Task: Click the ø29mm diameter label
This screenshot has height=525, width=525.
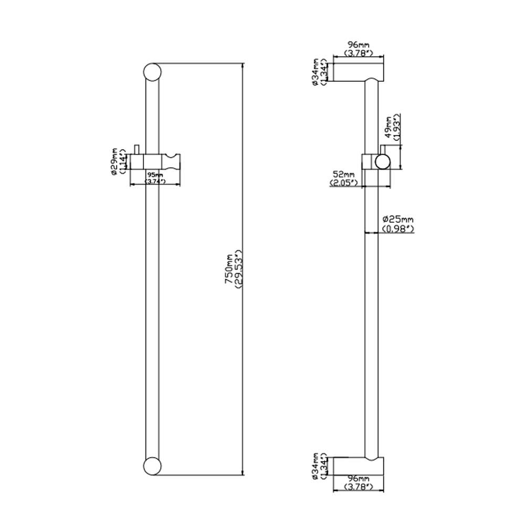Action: click(x=114, y=160)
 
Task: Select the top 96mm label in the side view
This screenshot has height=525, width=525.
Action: click(x=359, y=46)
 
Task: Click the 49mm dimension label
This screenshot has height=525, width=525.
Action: click(x=388, y=129)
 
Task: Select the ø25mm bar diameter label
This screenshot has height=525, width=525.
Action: click(x=398, y=219)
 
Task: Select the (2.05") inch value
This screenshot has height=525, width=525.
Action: click(x=344, y=183)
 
